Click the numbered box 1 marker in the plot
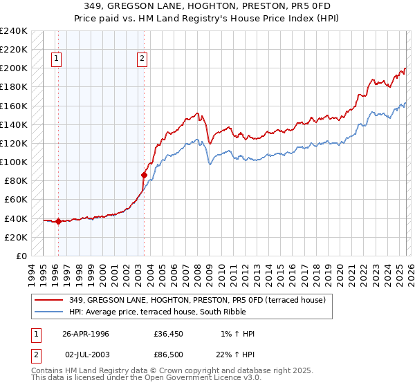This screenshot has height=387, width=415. (56, 59)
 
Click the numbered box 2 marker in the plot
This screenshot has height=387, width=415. (142, 59)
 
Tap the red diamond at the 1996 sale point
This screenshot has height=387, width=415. (58, 222)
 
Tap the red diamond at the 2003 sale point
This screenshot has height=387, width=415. (144, 175)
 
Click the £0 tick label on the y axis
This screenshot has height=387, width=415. (21, 256)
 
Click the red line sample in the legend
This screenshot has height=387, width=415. (50, 299)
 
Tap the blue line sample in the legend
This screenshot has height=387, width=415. (50, 311)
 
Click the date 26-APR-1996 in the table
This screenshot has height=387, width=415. (86, 334)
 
